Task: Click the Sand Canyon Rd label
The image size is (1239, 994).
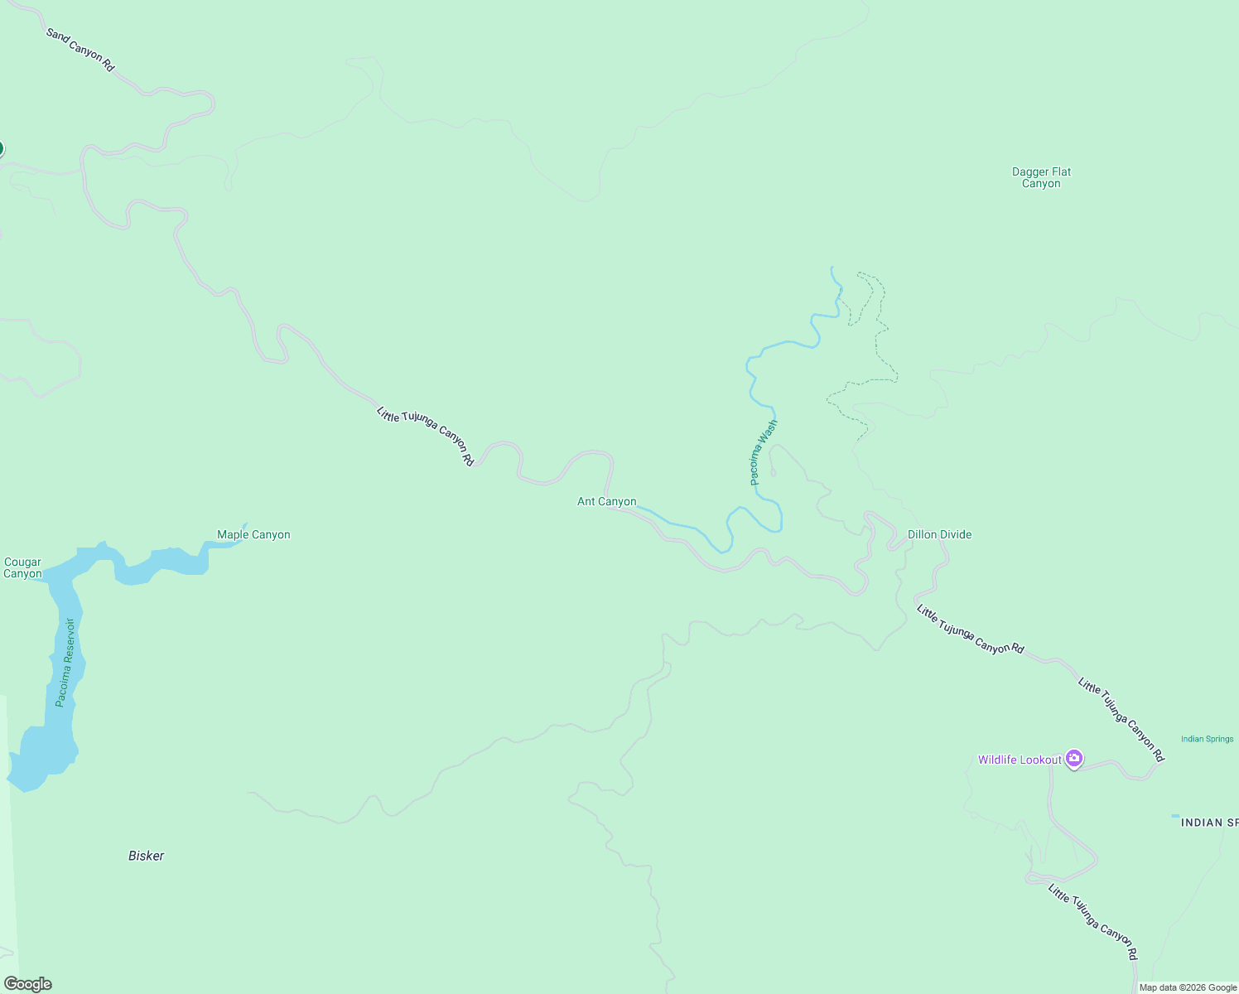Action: (x=80, y=50)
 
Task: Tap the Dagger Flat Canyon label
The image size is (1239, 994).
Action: (x=1041, y=178)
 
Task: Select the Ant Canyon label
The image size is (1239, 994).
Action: (x=607, y=502)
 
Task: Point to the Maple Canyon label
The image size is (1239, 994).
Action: (x=253, y=535)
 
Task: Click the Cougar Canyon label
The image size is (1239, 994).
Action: (x=22, y=568)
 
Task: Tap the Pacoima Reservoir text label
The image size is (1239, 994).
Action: (x=65, y=663)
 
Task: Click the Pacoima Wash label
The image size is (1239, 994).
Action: (x=763, y=452)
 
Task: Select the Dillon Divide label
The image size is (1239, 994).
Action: (x=939, y=535)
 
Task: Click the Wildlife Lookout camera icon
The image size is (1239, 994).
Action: (x=1074, y=759)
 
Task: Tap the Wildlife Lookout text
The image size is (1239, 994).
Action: (x=1019, y=760)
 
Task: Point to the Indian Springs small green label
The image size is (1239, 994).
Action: (x=1207, y=740)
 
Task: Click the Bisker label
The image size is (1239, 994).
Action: (x=147, y=856)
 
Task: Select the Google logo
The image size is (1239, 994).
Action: (x=28, y=984)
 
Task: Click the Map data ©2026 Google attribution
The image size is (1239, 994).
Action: (x=1188, y=987)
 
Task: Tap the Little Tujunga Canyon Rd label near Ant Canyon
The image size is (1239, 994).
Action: (x=426, y=436)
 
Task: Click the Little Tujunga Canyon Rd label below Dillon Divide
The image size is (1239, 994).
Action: (x=971, y=630)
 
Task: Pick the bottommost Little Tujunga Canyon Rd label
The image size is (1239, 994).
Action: (x=1093, y=922)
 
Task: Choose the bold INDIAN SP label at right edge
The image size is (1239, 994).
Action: (x=1209, y=823)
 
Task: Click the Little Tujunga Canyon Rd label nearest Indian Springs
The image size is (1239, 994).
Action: (x=1121, y=720)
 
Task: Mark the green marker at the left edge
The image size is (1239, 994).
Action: (x=1, y=149)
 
